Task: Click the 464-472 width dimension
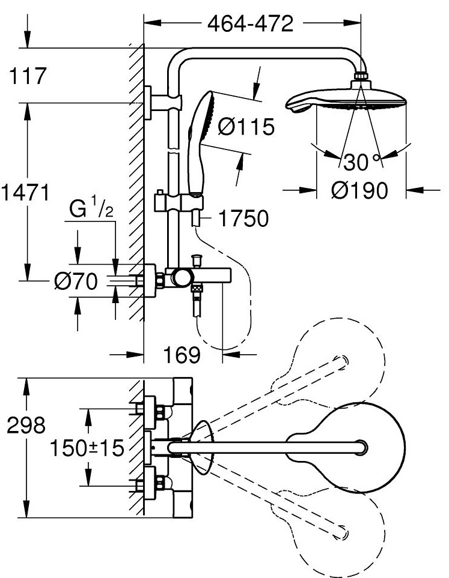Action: pos(250,24)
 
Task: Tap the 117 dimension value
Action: pos(28,76)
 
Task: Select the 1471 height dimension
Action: pos(25,193)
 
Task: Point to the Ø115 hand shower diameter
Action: pos(246,127)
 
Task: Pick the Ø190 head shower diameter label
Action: pos(359,191)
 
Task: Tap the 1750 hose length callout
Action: pos(243,218)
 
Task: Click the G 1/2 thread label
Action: pos(91,208)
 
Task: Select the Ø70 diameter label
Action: pos(76,281)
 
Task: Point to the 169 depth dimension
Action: pos(182,355)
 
